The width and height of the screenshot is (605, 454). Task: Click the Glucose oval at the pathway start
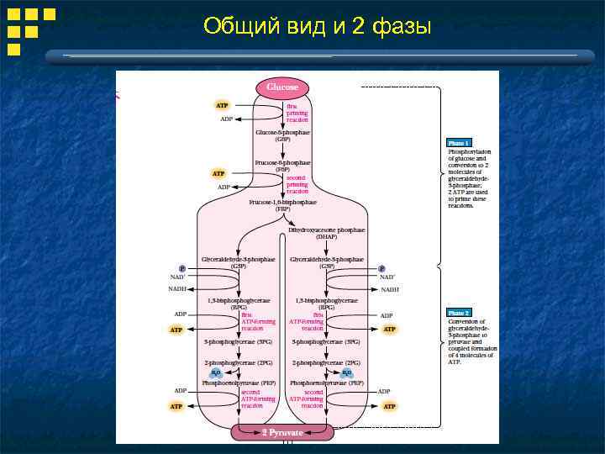coord(282,87)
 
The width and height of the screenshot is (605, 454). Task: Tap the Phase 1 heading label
coord(459,143)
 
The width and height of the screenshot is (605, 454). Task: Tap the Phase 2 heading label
coord(459,312)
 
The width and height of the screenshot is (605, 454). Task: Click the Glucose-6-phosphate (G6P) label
coord(282,135)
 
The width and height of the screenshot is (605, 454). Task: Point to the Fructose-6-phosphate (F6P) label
coord(282,166)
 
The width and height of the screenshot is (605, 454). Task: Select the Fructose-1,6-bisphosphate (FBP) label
coord(282,205)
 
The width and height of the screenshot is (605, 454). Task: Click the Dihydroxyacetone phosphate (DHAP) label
coord(327,233)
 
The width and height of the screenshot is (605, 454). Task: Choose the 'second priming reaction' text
coord(297,184)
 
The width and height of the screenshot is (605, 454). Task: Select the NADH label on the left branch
coord(177,289)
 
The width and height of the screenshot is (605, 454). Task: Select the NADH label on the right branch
coord(390,289)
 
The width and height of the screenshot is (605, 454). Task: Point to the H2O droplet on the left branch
coord(216,372)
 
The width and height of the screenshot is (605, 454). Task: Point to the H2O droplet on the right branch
coord(347,372)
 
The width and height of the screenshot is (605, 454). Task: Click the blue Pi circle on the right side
coord(383,269)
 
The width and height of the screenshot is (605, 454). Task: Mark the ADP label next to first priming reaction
coord(226,119)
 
